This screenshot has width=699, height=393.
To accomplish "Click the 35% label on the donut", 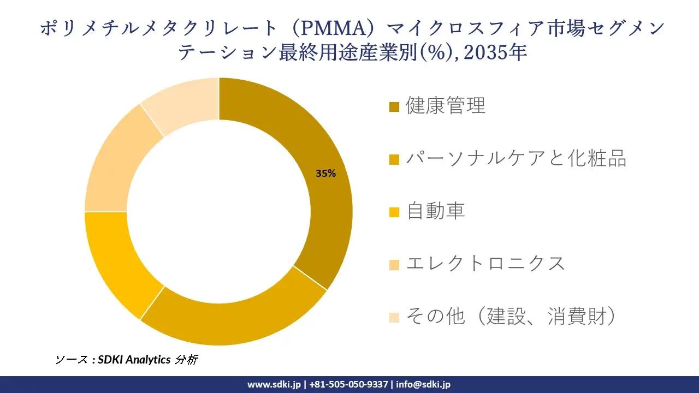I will (325, 174).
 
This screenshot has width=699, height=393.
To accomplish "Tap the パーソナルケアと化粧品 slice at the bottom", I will (235, 322).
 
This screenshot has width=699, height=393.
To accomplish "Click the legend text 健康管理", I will (446, 106).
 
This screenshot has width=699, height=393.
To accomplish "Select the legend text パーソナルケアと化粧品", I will (516, 158).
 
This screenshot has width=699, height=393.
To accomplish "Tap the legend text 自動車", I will (435, 211).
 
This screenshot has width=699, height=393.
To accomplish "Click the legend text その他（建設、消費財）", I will (511, 316).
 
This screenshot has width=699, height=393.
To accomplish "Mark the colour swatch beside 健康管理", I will (394, 106).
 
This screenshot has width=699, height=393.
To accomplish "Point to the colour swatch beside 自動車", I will (394, 212).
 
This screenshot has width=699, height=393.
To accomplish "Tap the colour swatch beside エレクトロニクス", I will (394, 265).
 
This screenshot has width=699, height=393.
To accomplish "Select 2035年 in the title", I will (497, 52).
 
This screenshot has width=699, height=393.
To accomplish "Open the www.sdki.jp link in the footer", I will (274, 384).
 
